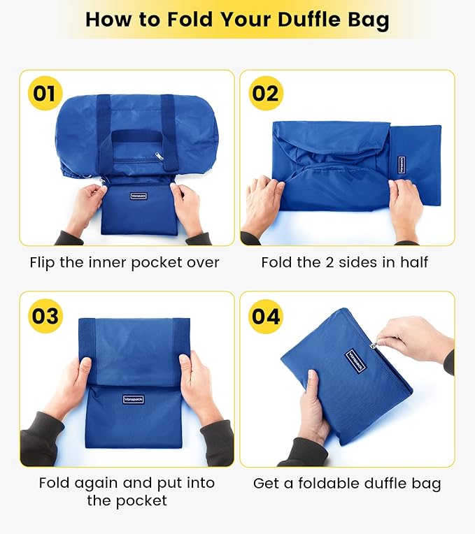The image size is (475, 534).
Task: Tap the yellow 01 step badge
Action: (x=44, y=93)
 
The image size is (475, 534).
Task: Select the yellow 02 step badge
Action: (x=265, y=93)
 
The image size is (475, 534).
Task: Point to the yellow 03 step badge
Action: (x=44, y=315)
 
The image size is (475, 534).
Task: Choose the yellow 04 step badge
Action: (x=265, y=315)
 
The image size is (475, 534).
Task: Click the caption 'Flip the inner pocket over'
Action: (x=125, y=263)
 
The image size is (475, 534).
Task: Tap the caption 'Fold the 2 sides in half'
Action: (x=345, y=263)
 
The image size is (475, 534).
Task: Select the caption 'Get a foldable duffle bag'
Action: (x=347, y=483)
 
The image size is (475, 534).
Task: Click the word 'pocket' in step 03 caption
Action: (x=143, y=500)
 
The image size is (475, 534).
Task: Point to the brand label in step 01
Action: (x=137, y=196)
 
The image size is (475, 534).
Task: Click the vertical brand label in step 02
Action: (x=402, y=164)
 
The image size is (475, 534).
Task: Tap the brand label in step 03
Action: (x=133, y=399)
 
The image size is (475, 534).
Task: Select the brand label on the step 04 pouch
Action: (x=356, y=361)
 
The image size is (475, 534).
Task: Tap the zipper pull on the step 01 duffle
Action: (x=160, y=157)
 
